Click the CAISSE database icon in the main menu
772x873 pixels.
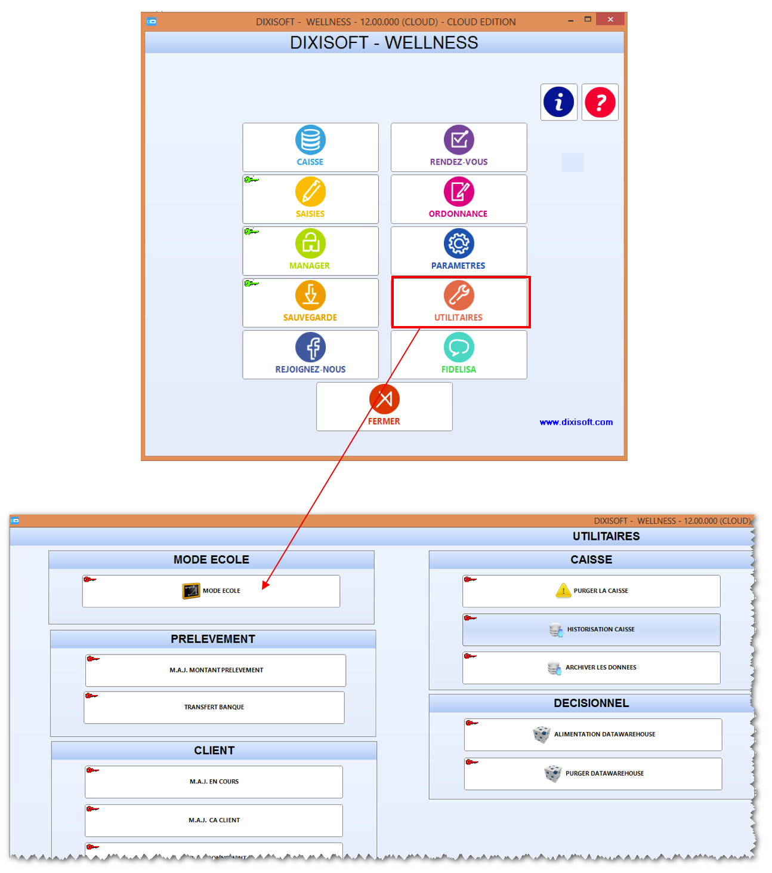[310, 140]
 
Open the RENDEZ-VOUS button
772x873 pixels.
[458, 147]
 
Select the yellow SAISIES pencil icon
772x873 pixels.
[310, 192]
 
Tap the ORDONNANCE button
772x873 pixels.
[458, 199]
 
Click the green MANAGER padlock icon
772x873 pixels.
[310, 244]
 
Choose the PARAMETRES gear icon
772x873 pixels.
[459, 244]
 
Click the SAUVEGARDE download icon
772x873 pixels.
[310, 295]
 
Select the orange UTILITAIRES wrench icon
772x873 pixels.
[459, 295]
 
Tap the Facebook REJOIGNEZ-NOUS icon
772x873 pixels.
[310, 348]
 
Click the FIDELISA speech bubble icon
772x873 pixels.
[459, 348]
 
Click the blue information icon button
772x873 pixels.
[558, 102]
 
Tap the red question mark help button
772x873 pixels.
[600, 102]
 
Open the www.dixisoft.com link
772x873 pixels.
[576, 422]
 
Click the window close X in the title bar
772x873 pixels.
[610, 19]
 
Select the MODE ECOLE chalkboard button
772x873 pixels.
[211, 591]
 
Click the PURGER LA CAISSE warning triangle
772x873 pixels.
[563, 590]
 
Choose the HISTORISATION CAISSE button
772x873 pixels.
[591, 629]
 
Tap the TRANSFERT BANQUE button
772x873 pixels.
[214, 707]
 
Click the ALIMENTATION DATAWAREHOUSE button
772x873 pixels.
[592, 734]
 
